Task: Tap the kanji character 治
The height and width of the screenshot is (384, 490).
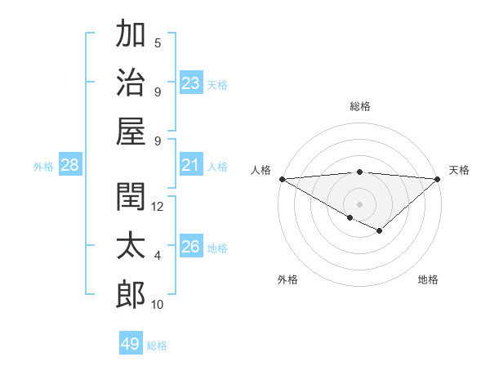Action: (x=131, y=82)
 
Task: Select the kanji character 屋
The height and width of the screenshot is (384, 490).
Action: (x=131, y=131)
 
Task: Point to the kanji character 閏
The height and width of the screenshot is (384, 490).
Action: (x=131, y=197)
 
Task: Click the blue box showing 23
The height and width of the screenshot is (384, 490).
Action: (x=191, y=83)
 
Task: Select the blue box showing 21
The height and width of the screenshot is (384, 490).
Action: (x=191, y=165)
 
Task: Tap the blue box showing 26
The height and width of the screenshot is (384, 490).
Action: (x=191, y=247)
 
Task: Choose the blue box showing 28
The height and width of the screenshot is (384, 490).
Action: (x=70, y=165)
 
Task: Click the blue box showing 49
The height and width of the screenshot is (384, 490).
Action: (x=131, y=344)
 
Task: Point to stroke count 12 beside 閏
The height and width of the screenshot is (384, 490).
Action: (x=158, y=207)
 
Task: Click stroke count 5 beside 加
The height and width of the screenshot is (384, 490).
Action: (x=158, y=43)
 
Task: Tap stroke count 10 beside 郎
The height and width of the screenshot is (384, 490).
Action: (x=158, y=305)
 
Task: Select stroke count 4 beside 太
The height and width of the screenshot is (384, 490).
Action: (x=158, y=256)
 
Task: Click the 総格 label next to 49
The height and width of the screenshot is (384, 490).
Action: (x=158, y=346)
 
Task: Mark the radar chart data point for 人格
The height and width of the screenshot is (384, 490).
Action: (x=282, y=178)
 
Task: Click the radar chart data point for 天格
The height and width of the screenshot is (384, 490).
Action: (x=438, y=178)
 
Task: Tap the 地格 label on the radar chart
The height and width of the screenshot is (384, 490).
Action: (x=428, y=279)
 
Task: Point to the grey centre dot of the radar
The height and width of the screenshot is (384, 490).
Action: (x=359, y=203)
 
